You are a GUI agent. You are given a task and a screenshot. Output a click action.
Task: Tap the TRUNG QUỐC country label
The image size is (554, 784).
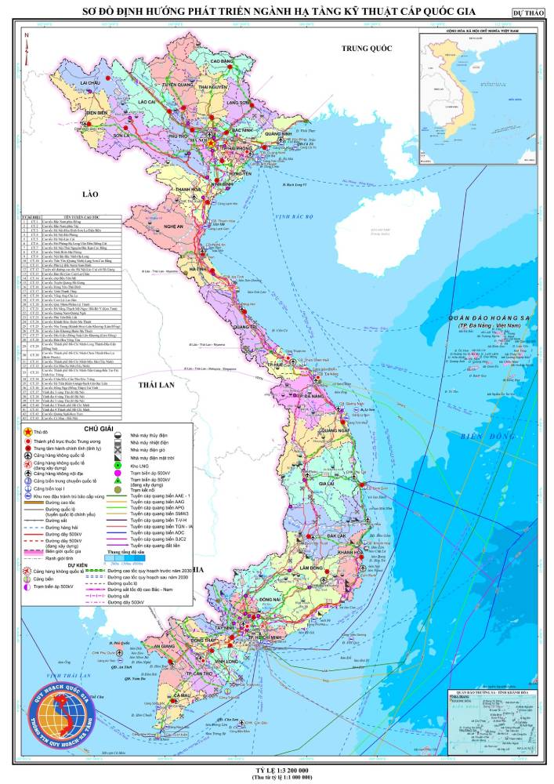366,49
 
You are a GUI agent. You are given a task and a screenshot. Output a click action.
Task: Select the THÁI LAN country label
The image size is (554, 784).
154,387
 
